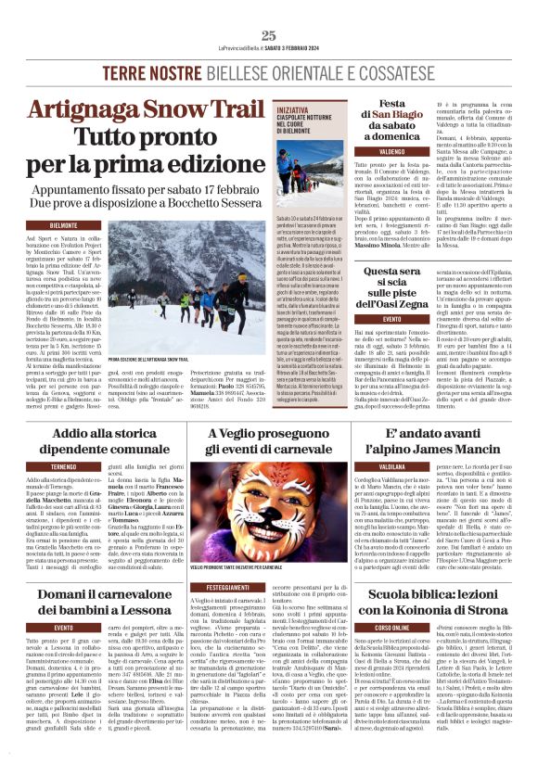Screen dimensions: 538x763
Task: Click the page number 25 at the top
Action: coord(268,35)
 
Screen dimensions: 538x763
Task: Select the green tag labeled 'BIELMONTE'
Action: coord(63,225)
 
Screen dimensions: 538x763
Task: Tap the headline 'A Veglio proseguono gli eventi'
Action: coord(268,441)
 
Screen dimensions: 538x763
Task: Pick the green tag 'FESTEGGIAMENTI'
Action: coord(227,614)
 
